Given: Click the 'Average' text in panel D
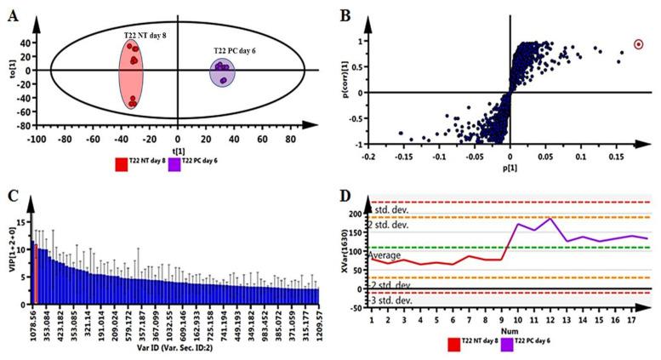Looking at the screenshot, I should pyautogui.click(x=385, y=255).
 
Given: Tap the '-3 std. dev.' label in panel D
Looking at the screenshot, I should pyautogui.click(x=389, y=300).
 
